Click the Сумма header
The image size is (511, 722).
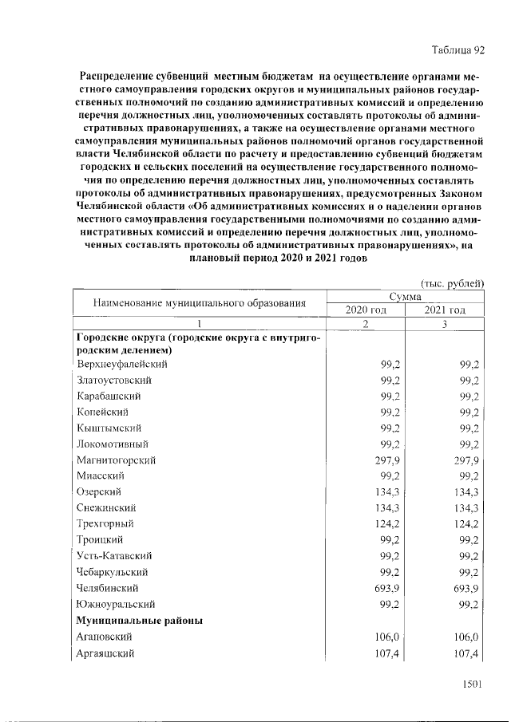click(405, 296)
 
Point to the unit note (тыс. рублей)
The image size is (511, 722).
click(452, 282)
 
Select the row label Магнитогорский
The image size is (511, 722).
click(116, 460)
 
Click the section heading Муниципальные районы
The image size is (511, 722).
click(139, 620)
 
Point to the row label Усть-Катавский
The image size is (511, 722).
click(115, 556)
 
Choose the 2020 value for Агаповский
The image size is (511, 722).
click(386, 637)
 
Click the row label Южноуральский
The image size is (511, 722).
click(116, 604)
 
